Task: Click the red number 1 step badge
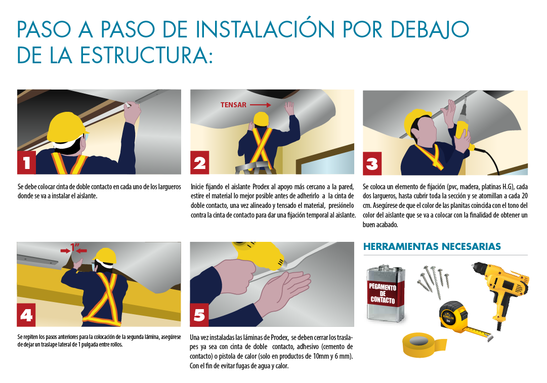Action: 26,162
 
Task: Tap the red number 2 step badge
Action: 199,162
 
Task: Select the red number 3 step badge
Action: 372,163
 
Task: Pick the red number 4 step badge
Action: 26,315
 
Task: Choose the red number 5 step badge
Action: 199,315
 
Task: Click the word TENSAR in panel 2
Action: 233,105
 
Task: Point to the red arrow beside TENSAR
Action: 260,105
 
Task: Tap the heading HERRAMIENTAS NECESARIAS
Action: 432,246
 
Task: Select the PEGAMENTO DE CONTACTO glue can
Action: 386,293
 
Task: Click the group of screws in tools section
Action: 433,281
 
